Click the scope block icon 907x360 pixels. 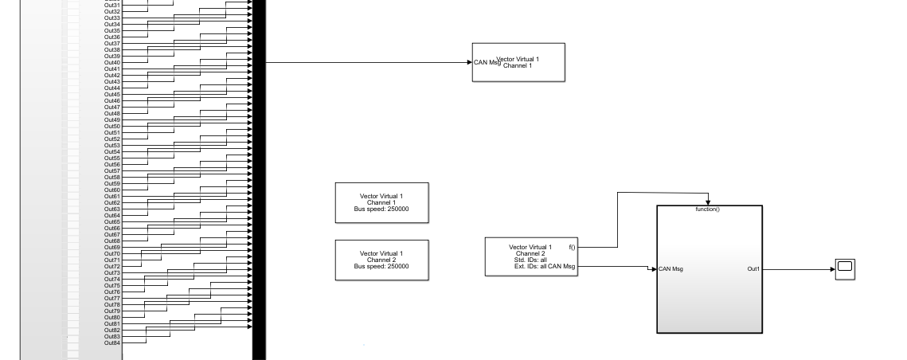[845, 269]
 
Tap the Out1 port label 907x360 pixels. [753, 269]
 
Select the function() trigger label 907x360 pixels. [707, 209]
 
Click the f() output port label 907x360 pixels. [572, 248]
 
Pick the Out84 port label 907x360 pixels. [112, 343]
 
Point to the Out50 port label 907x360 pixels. [112, 127]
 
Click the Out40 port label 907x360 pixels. [112, 63]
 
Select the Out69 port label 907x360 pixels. [112, 248]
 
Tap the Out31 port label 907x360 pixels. [112, 6]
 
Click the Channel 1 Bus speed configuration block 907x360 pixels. [381, 202]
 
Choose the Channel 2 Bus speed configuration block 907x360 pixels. [381, 260]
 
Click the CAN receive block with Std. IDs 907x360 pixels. [531, 256]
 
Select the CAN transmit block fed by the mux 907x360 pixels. [518, 62]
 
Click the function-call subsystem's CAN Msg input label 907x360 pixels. [671, 268]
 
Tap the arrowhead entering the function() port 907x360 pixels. [707, 203]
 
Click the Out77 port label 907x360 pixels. [112, 299]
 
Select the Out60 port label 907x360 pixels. [112, 190]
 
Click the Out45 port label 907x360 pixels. [112, 95]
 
